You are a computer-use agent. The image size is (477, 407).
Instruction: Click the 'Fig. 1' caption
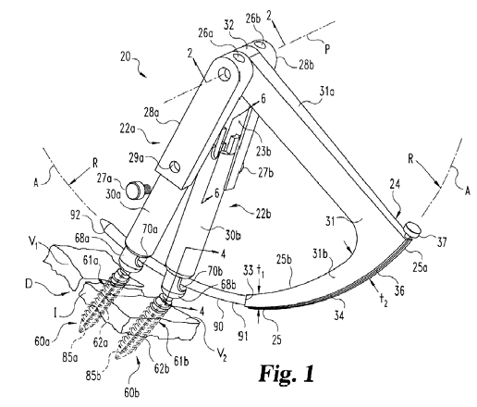(287, 374)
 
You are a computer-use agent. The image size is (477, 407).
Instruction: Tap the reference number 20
(126, 57)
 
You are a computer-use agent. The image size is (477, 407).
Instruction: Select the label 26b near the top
(253, 18)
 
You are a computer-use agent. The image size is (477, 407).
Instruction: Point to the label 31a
(327, 92)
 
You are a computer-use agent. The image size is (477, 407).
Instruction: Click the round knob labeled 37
(411, 229)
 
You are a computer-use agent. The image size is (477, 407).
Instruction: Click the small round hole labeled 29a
(175, 166)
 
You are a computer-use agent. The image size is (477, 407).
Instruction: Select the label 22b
(263, 214)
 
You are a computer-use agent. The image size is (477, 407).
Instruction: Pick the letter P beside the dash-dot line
(327, 49)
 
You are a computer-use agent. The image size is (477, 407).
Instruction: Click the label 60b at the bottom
(132, 393)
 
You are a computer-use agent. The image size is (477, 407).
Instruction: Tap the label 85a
(70, 357)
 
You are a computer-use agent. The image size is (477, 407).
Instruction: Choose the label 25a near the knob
(421, 268)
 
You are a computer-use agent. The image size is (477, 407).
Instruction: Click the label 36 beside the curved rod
(399, 290)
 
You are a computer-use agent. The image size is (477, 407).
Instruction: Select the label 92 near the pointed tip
(76, 216)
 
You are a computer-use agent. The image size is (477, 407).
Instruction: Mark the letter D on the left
(29, 283)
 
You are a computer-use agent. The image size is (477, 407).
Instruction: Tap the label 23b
(263, 152)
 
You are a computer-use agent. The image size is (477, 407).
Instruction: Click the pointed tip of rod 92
(99, 221)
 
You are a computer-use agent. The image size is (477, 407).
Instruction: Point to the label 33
(249, 270)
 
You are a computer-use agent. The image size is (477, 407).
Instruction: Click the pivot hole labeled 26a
(238, 57)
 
